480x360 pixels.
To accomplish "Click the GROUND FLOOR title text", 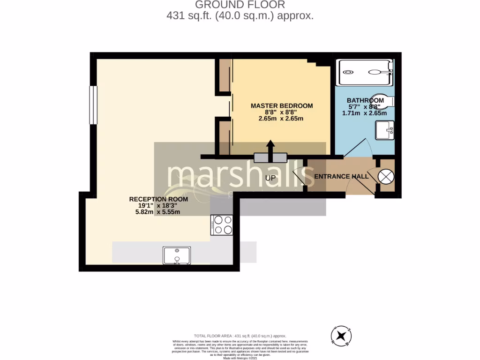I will pyautogui.click(x=240, y=5).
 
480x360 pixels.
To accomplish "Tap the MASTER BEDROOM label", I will pyautogui.click(x=281, y=106).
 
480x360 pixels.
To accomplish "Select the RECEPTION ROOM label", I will pyautogui.click(x=158, y=199).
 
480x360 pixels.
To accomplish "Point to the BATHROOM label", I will pyautogui.click(x=365, y=100).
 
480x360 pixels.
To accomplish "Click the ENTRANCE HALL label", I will pyautogui.click(x=341, y=177).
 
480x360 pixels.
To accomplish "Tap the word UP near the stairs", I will pyautogui.click(x=270, y=178).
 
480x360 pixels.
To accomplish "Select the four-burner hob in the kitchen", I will pyautogui.click(x=222, y=225).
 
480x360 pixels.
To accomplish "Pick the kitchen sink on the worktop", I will pyautogui.click(x=177, y=256).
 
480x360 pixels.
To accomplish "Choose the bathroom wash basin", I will pyautogui.click(x=385, y=130).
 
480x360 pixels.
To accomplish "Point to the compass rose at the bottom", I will pyautogui.click(x=342, y=336).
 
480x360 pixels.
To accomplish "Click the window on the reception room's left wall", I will pyautogui.click(x=93, y=105).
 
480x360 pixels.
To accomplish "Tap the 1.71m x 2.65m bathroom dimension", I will pyautogui.click(x=364, y=113).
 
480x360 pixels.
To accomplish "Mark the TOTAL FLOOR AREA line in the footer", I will pyautogui.click(x=240, y=336).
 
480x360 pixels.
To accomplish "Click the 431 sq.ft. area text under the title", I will pyautogui.click(x=240, y=15).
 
